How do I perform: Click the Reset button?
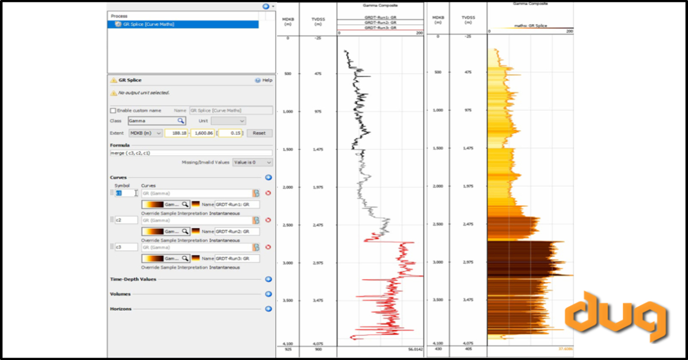259,133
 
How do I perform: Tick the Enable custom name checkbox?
113,110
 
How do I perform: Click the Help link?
264,80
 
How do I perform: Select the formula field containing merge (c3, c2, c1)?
191,153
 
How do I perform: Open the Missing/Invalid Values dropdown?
252,163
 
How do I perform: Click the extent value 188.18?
177,133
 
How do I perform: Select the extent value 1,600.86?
202,133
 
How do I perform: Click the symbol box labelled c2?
126,220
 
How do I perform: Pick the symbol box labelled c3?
126,247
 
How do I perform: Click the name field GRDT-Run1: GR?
237,204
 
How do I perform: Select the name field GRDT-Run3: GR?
237,259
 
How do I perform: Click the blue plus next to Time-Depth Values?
268,279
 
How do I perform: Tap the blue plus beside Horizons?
268,309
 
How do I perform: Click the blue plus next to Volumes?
268,294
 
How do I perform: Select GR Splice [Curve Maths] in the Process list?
148,25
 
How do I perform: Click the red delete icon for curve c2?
268,220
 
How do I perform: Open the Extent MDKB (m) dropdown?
144,133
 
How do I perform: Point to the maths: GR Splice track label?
529,25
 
